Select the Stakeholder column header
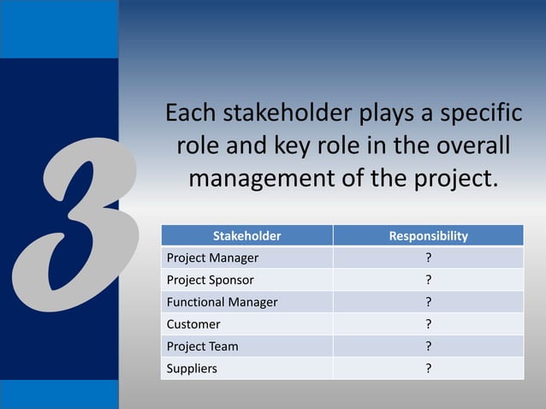coord(246,235)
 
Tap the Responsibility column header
coord(428,235)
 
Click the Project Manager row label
coord(212,258)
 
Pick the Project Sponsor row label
coord(210,280)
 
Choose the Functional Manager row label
coord(222,302)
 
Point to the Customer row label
coord(193,324)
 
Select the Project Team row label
coord(202,347)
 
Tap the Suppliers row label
coord(192,369)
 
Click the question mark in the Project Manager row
coord(428,258)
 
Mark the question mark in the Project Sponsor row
coord(428,280)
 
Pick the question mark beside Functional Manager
coord(428,302)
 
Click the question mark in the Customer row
coord(428,324)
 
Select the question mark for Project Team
coord(428,347)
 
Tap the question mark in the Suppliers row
coord(428,369)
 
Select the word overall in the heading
coord(464,147)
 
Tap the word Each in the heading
coord(192,114)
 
